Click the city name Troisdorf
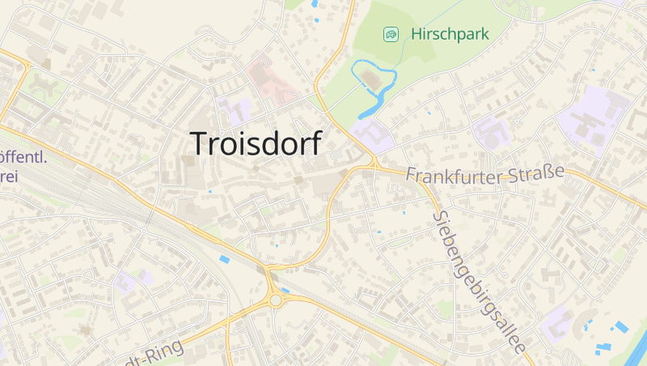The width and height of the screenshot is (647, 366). [256, 143]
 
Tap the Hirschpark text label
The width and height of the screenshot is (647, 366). [450, 35]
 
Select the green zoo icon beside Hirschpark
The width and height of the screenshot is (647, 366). [391, 34]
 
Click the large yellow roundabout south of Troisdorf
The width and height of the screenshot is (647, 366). [276, 300]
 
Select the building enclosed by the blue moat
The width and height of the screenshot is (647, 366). [371, 79]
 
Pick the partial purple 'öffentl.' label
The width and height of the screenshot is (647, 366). [23, 157]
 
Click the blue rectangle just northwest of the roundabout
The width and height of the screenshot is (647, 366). [224, 258]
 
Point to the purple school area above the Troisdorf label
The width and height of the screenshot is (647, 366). [239, 111]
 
